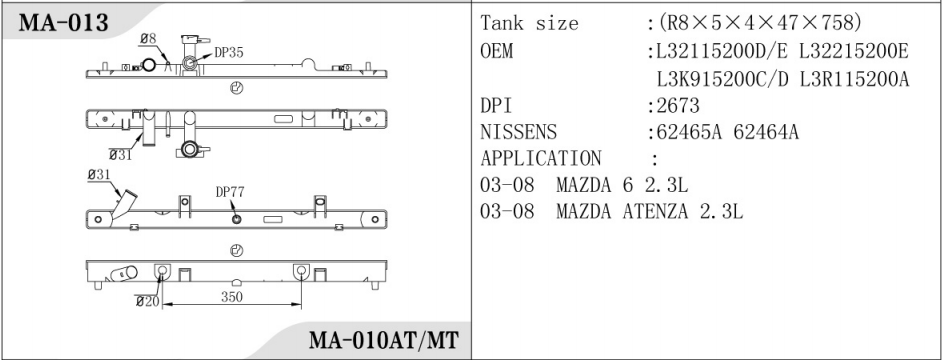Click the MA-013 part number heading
click(x=64, y=23)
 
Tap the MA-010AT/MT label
click(x=384, y=341)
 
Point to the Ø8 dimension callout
click(x=148, y=39)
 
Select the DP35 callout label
click(x=229, y=53)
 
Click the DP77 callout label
click(x=230, y=192)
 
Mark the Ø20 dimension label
click(x=148, y=301)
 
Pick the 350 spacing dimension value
click(x=232, y=297)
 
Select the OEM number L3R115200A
click(x=855, y=79)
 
